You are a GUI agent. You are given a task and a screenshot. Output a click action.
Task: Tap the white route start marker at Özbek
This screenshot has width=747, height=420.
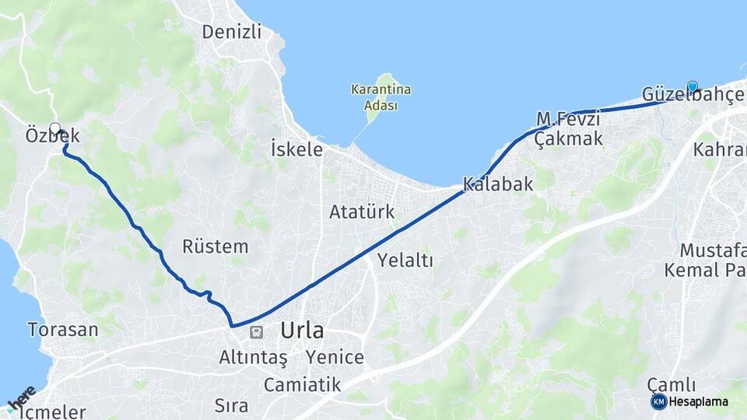pyautogui.click(x=55, y=128)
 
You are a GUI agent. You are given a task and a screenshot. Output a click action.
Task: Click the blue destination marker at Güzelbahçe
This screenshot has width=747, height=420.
pyautogui.click(x=692, y=86)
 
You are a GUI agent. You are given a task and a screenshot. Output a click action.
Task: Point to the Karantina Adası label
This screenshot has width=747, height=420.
pyautogui.click(x=381, y=98)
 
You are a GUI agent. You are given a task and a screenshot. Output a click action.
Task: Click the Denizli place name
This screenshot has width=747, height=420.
pyautogui.click(x=231, y=32)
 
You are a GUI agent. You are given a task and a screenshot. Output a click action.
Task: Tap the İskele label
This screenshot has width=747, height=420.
pyautogui.click(x=296, y=149)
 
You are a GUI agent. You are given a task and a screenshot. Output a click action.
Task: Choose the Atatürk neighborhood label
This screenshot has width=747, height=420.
pyautogui.click(x=362, y=212)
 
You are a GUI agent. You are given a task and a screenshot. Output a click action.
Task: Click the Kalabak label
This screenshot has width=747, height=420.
pyautogui.click(x=498, y=184)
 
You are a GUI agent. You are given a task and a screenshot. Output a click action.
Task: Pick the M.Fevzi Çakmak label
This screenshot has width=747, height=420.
pyautogui.click(x=570, y=129)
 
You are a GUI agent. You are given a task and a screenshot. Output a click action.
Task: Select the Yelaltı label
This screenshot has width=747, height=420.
pyautogui.click(x=405, y=261)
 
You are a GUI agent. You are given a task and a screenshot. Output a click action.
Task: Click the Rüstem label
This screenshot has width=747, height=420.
pyautogui.click(x=215, y=247)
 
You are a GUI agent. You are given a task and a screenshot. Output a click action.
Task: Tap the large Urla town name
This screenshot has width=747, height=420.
pyautogui.click(x=302, y=331)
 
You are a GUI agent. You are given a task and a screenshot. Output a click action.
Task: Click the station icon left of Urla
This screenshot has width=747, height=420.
pyautogui.click(x=255, y=332)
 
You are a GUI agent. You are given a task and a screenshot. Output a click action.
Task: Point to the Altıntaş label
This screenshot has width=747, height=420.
pyautogui.click(x=253, y=358)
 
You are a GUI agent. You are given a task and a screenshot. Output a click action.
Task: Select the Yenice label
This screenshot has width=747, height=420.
pyautogui.click(x=335, y=358)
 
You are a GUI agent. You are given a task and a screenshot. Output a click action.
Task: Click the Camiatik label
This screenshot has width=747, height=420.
pyautogui.click(x=302, y=384)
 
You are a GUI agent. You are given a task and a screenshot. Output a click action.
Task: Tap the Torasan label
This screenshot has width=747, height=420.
pyautogui.click(x=63, y=329)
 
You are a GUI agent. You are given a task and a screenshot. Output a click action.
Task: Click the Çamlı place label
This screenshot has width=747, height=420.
pyautogui.click(x=671, y=385)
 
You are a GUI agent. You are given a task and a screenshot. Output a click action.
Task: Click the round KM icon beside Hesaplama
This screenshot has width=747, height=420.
pyautogui.click(x=658, y=401)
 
